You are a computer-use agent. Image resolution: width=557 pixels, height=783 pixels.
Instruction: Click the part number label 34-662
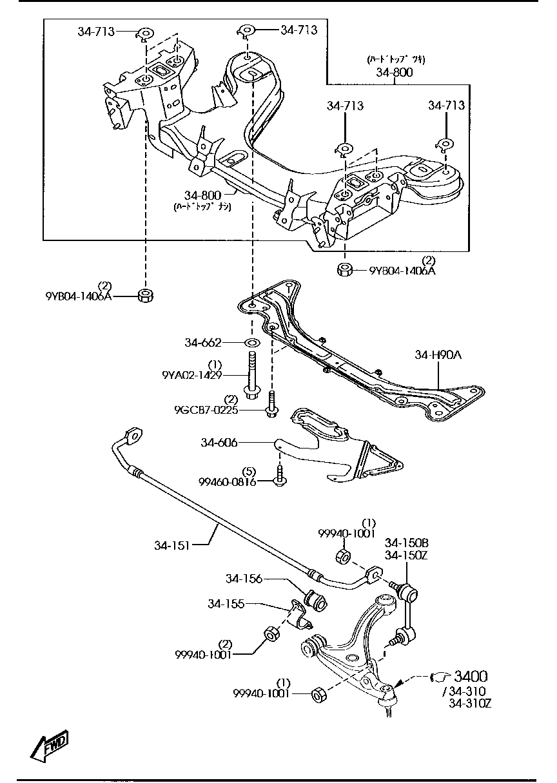[x=202, y=343]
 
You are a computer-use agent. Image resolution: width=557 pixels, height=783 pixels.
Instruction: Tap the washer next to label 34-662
[x=251, y=342]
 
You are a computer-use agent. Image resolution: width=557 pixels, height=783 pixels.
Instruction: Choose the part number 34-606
[x=219, y=442]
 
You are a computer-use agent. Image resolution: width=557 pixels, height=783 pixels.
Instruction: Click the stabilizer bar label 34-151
[x=172, y=545]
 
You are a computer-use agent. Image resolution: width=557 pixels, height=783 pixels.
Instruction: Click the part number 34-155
[x=226, y=604]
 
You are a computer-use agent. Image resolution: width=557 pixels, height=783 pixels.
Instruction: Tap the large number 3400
[x=471, y=676]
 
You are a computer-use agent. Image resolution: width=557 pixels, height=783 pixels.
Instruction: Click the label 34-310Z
[x=470, y=703]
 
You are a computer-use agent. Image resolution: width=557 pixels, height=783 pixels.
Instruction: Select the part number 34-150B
[x=406, y=543]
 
